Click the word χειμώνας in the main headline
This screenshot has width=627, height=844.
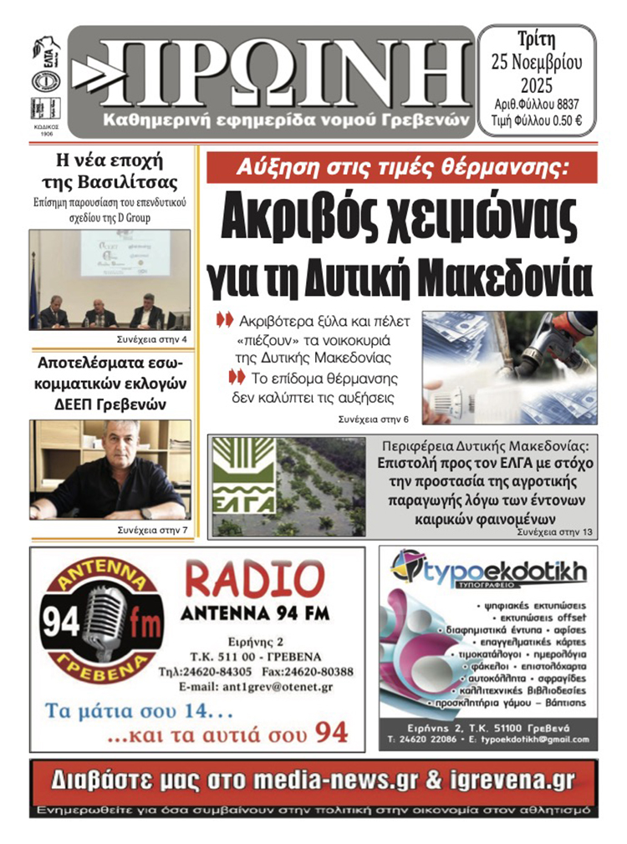point(485,221)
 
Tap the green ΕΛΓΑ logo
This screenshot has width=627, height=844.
point(242,485)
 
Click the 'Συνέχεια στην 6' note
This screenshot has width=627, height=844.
point(374,418)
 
